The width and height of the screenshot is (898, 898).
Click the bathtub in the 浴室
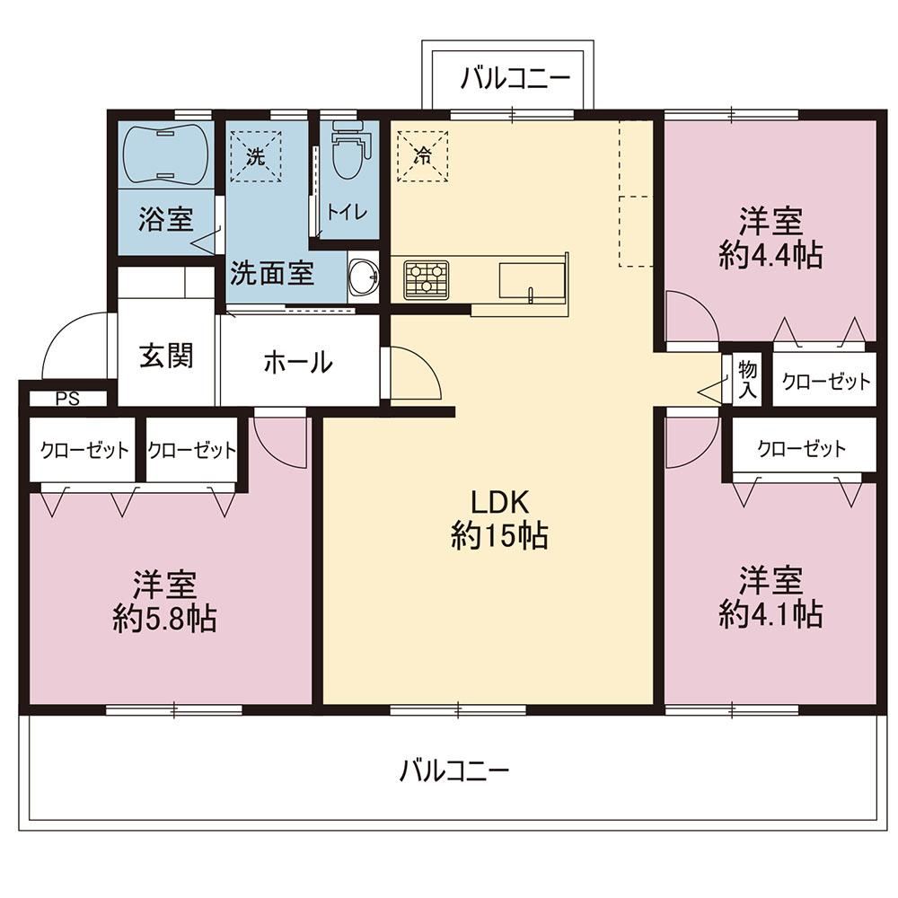[x=165, y=154]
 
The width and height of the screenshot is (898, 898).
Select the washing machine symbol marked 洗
[x=256, y=156]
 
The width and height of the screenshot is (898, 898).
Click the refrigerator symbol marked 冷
[x=423, y=155]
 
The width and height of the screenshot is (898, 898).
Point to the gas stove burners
[x=426, y=279]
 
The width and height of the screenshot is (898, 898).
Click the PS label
[x=67, y=399]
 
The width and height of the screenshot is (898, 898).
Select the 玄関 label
[x=166, y=356]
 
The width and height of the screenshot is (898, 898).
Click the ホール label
[x=298, y=362]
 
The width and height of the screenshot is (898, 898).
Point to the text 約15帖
[x=499, y=536]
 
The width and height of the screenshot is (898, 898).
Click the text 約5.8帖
[x=164, y=618]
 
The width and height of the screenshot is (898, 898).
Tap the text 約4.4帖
[x=770, y=255]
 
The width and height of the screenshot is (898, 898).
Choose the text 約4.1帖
[x=770, y=614]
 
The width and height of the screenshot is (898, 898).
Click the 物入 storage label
[x=747, y=380]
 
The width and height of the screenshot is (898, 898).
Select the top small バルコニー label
[x=515, y=78]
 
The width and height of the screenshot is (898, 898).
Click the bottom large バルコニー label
[x=453, y=770]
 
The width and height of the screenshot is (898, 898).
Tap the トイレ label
[x=347, y=213]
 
